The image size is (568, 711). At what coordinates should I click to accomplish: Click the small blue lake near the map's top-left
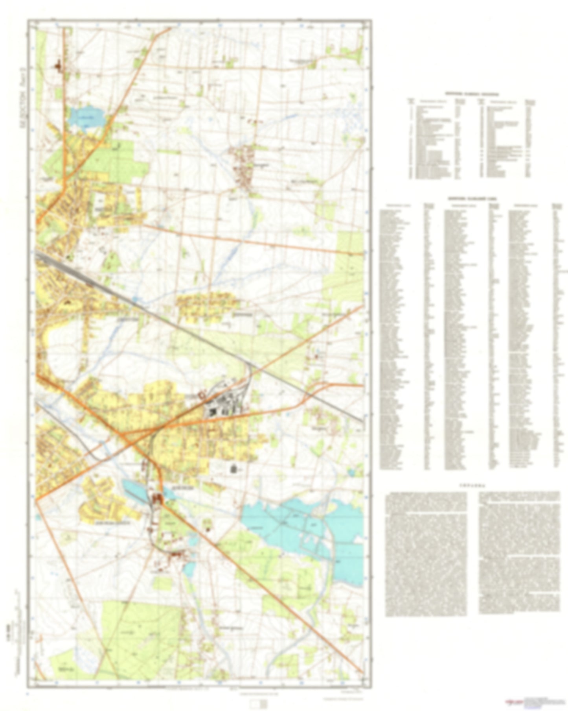click(x=86, y=115)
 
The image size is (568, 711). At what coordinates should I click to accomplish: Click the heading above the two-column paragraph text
click(x=472, y=486)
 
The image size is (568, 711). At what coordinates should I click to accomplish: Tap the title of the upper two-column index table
click(x=472, y=94)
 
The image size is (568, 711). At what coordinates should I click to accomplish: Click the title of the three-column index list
click(x=472, y=200)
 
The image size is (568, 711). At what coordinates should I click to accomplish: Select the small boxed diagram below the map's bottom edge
click(x=259, y=702)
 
